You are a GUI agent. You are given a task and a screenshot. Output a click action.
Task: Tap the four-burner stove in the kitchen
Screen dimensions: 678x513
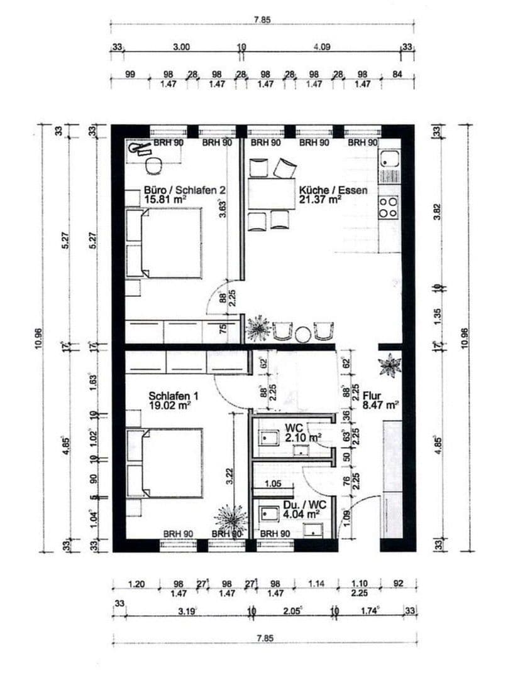pyautogui.click(x=389, y=207)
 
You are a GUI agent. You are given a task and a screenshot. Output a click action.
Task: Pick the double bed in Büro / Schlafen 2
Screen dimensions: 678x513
pyautogui.click(x=165, y=242)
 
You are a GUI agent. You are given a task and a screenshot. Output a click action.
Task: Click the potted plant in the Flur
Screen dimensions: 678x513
pyautogui.click(x=390, y=364)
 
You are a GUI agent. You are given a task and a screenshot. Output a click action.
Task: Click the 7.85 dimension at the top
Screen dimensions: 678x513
pyautogui.click(x=262, y=19)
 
